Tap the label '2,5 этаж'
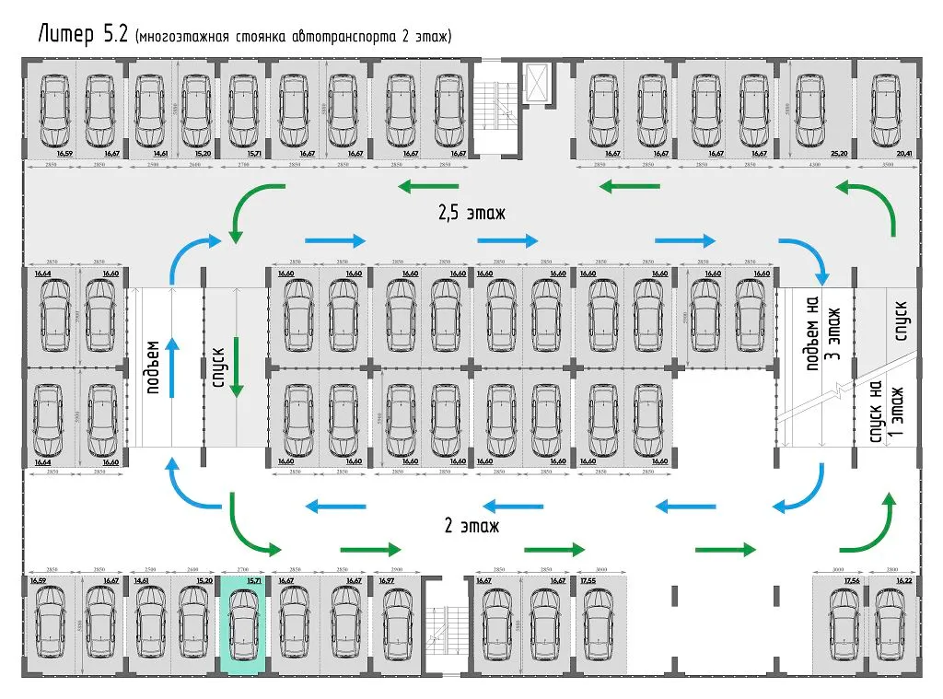pos(471,214)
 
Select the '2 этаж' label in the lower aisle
pos(471,527)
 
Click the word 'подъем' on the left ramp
pos(153,367)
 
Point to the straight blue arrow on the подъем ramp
pos(171,367)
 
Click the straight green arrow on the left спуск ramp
pos(237,367)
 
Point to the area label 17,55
pos(589,581)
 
